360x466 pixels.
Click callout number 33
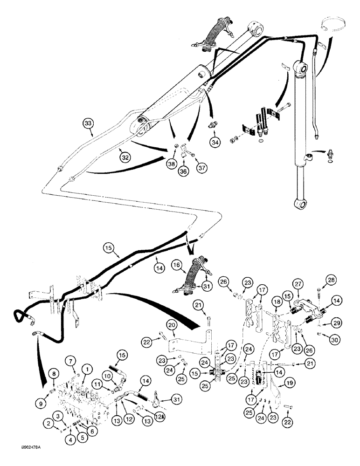coord(88,123)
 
